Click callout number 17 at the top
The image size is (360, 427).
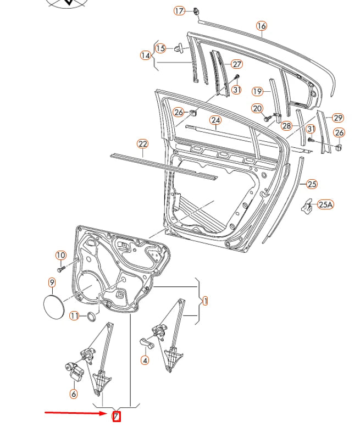click(180, 11)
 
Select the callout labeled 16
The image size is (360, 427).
click(261, 26)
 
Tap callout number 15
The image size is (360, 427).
click(160, 48)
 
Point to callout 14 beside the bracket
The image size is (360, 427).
click(146, 56)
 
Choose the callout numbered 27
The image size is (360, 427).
click(237, 64)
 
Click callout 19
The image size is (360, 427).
click(258, 91)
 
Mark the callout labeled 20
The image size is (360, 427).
click(258, 109)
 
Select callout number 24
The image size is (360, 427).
click(215, 120)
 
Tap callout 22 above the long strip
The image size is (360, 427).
click(143, 145)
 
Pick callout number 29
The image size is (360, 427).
click(338, 118)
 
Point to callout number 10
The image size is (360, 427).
click(60, 256)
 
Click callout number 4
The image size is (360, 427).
click(145, 361)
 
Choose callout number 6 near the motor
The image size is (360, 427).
click(74, 393)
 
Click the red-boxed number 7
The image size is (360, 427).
click(116, 417)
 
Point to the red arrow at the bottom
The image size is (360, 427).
click(77, 412)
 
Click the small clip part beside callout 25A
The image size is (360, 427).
click(308, 206)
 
